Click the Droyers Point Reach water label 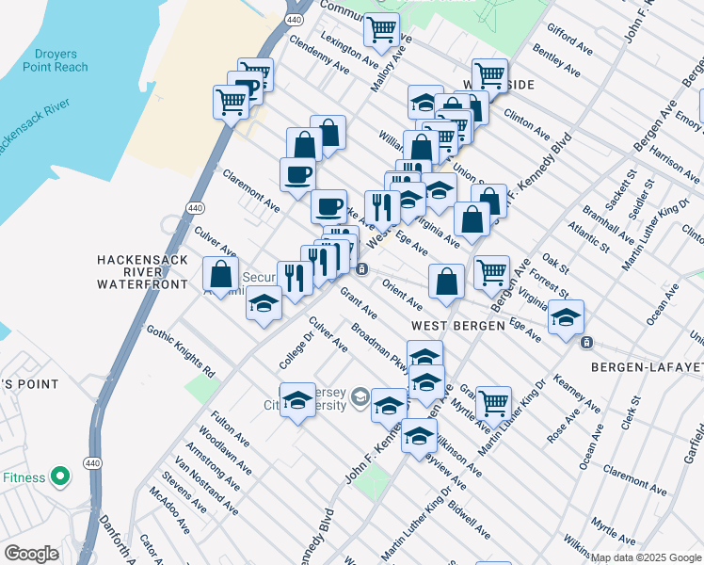[x=56, y=60]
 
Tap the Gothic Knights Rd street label [x=181, y=346]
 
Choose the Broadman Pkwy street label [x=380, y=349]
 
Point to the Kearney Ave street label [x=578, y=393]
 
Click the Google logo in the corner [x=32, y=554]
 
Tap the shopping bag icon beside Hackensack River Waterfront [x=220, y=274]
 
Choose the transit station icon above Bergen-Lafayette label [x=586, y=341]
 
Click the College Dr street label [x=295, y=351]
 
